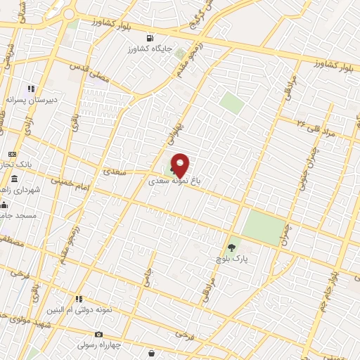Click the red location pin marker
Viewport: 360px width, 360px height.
[180, 165]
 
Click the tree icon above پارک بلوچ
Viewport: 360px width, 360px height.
[232, 247]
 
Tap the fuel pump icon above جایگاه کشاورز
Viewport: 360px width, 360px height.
[149, 38]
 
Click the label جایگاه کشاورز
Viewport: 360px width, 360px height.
[149, 49]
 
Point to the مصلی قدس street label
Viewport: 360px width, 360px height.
[89, 72]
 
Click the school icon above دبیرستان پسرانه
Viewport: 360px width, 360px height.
[31, 89]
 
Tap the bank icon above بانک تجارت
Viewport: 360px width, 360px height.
[12, 154]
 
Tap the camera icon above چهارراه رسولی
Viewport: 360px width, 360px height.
[98, 334]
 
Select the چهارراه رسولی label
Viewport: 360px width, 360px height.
[98, 345]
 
